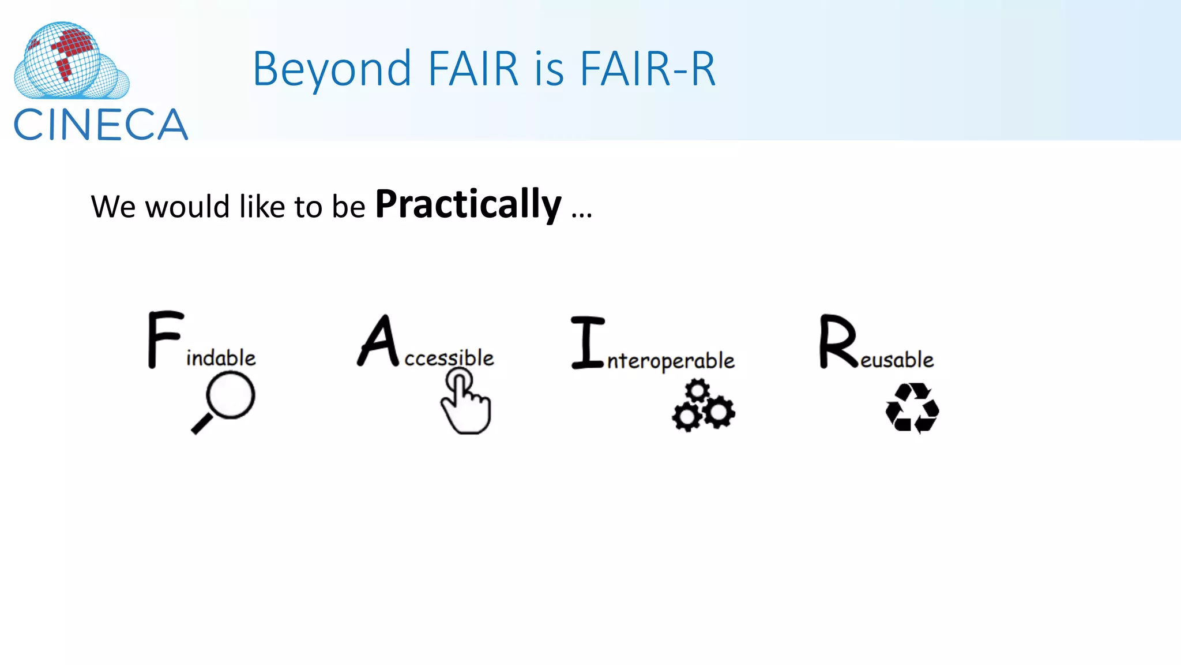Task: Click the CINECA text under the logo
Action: point(100,125)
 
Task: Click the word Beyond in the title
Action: point(332,69)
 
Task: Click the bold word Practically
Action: point(468,204)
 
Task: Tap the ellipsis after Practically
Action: point(581,214)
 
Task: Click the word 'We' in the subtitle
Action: point(113,207)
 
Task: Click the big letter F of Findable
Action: point(164,339)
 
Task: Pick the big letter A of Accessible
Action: point(378,342)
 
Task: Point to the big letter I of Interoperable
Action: point(587,342)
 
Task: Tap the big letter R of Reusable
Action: point(838,342)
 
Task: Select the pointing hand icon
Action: point(465,403)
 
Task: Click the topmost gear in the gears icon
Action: point(698,391)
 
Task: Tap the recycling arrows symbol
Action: point(912,408)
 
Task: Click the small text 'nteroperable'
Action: point(671,361)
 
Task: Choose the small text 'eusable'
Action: point(897,360)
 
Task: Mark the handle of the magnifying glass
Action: point(201,424)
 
